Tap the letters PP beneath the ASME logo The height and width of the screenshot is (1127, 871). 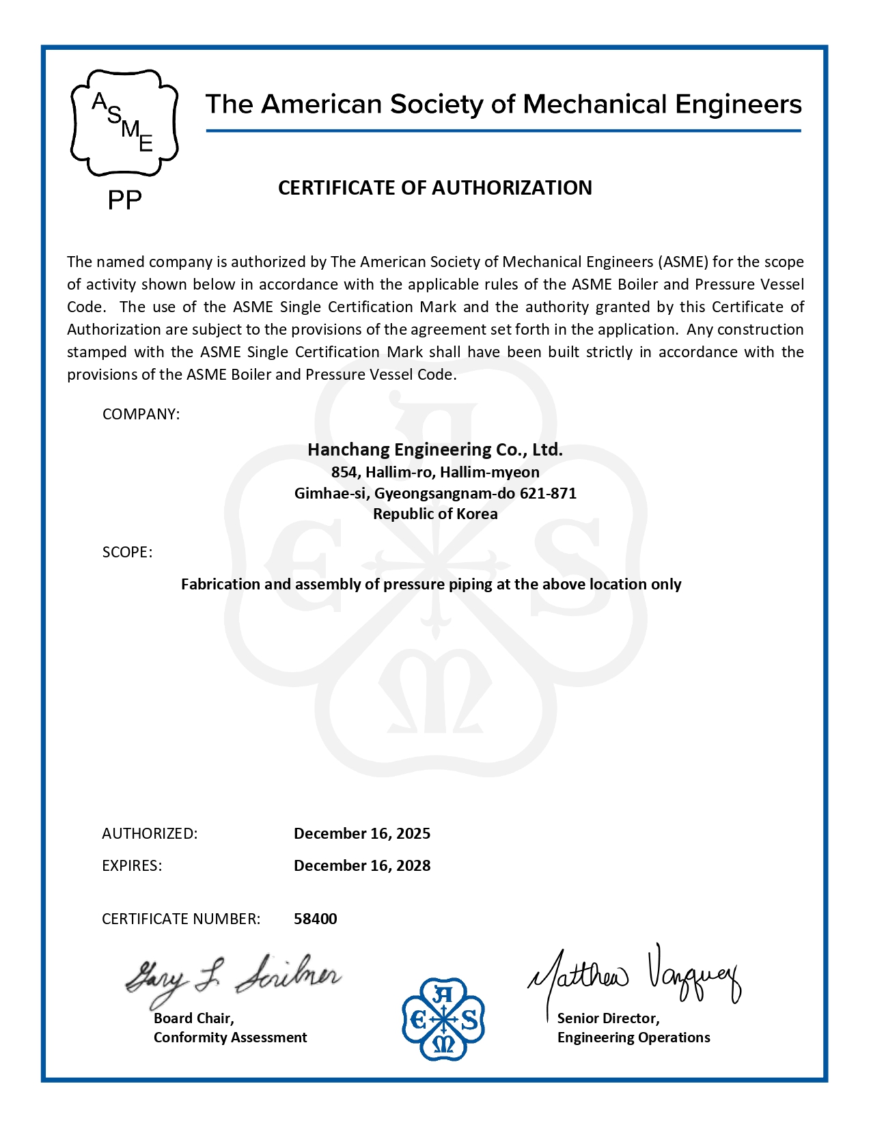125,201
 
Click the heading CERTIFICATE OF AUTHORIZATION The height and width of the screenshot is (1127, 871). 435,188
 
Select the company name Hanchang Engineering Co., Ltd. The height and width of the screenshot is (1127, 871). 435,449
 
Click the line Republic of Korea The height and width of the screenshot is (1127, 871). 435,514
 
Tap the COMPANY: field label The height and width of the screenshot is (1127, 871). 141,415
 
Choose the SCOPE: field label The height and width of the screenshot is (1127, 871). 127,552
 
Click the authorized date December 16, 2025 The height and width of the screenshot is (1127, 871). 362,833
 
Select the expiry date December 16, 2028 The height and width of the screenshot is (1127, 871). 362,865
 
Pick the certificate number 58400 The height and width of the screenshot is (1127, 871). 316,919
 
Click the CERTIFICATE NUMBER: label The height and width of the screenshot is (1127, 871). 181,919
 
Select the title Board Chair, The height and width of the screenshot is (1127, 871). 194,1018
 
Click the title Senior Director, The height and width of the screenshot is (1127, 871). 609,1018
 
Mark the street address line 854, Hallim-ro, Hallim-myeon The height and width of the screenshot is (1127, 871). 435,472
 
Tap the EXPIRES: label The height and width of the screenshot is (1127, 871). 132,865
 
